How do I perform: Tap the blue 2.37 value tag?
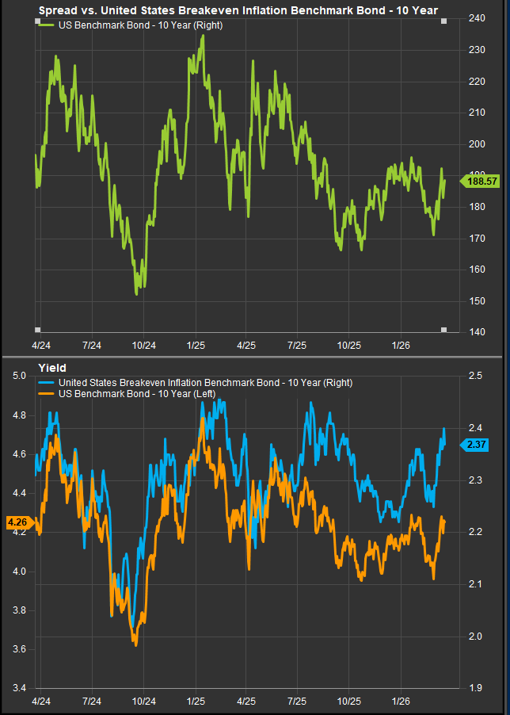click(x=477, y=444)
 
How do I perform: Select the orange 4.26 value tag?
click(x=17, y=522)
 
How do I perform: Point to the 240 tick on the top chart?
click(x=477, y=18)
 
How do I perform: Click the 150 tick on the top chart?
click(x=477, y=300)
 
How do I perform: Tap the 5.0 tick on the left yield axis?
click(x=19, y=376)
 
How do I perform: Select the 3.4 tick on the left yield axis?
click(x=19, y=687)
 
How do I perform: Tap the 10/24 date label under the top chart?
click(x=143, y=346)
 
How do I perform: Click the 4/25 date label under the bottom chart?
click(x=246, y=702)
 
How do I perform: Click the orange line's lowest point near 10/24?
click(x=135, y=645)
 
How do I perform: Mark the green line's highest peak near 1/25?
click(x=204, y=36)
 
